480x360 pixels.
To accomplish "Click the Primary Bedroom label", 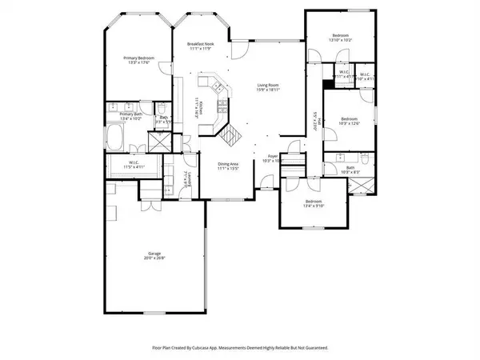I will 138,58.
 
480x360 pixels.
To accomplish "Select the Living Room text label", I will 267,86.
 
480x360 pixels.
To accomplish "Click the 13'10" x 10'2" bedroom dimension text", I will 340,40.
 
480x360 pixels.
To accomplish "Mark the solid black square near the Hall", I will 326,84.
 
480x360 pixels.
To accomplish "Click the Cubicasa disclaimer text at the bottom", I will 240,348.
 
